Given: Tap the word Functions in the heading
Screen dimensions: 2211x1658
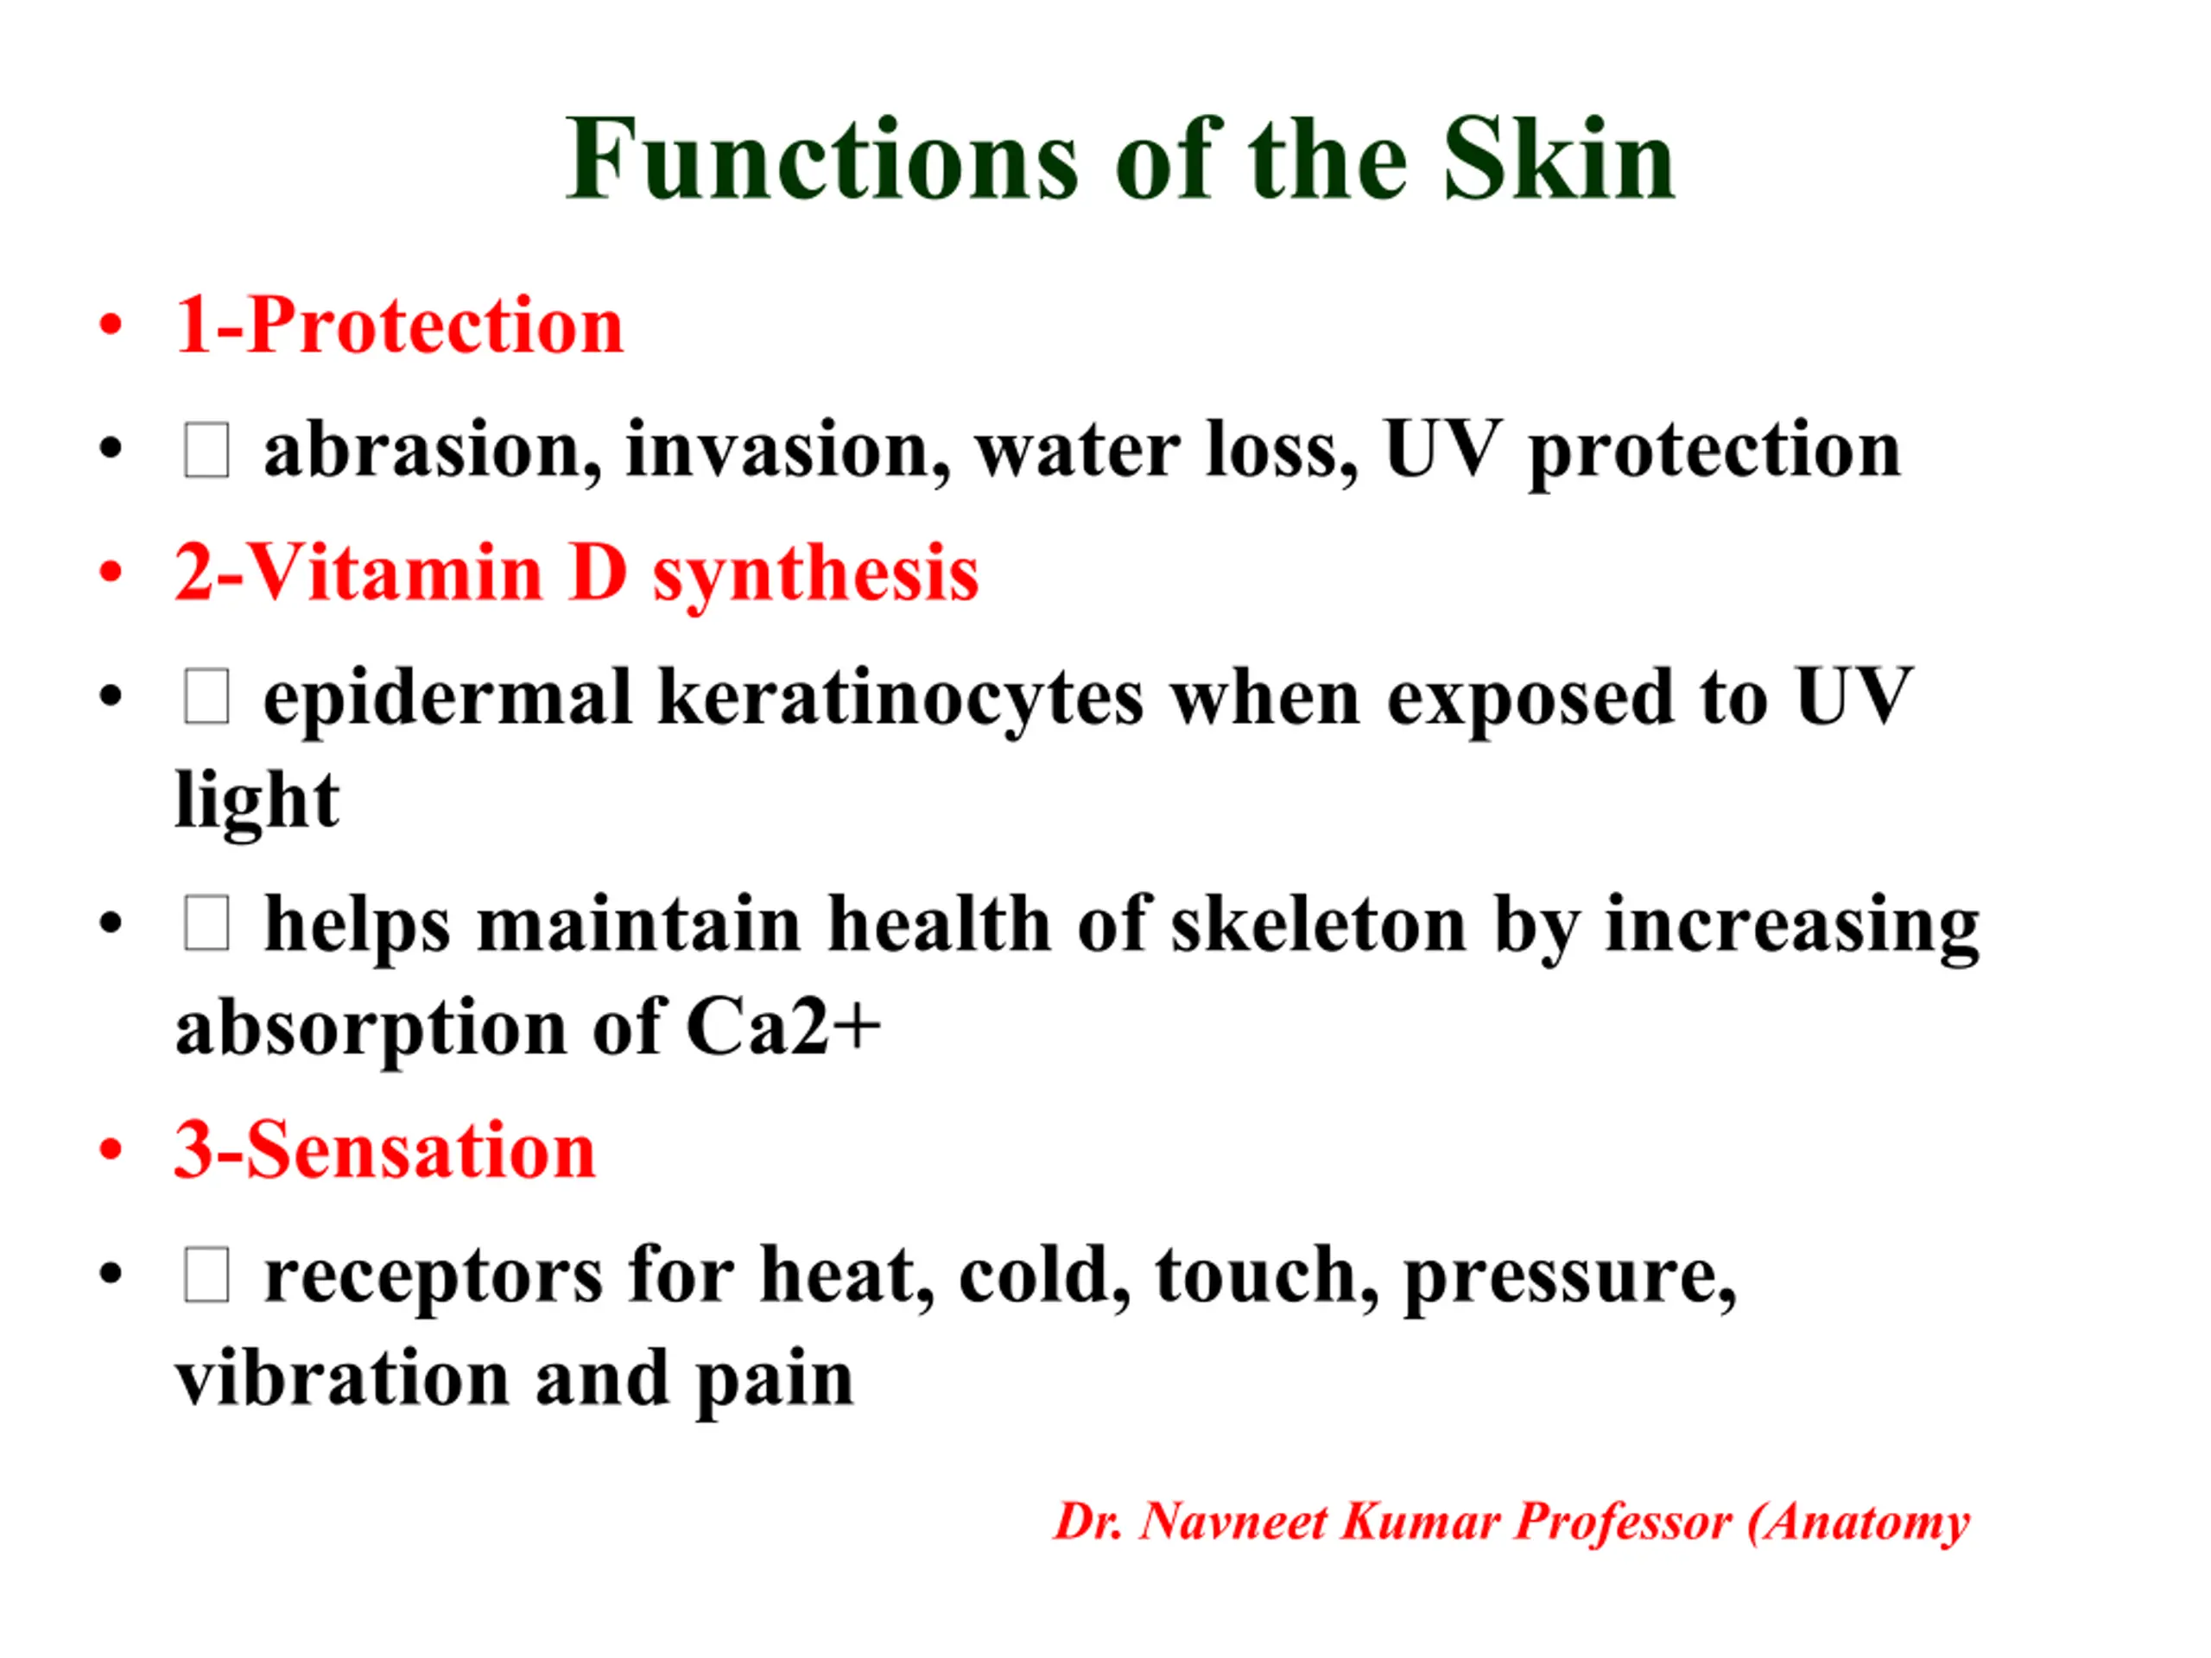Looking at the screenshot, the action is click(822, 160).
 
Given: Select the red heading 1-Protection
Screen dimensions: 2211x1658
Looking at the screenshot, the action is click(399, 325).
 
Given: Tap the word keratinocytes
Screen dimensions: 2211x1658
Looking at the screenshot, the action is click(901, 699).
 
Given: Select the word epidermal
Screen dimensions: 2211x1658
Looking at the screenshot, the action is click(447, 699).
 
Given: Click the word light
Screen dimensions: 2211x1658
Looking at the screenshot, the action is click(257, 801).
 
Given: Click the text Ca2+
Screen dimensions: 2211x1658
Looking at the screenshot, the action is click(782, 1027).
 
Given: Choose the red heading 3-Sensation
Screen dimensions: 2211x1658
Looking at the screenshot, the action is click(385, 1150).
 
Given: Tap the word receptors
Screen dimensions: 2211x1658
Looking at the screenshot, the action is click(434, 1278).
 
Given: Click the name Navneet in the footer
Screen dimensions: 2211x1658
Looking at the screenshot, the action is click(1233, 1522).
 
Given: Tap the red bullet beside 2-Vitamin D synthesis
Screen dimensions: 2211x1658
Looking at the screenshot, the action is click(111, 573).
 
